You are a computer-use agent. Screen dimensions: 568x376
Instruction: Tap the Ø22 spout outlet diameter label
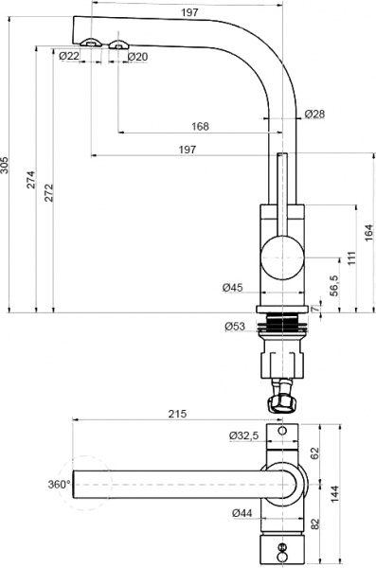68,57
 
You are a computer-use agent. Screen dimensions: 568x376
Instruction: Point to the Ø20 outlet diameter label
137,57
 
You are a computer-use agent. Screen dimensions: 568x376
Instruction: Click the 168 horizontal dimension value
200,126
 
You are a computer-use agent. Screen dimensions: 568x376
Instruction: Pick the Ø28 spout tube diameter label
315,114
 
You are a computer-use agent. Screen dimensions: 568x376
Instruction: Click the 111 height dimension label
351,259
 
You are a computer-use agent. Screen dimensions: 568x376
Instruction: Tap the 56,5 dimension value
332,285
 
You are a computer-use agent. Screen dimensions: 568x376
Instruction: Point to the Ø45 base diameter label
234,287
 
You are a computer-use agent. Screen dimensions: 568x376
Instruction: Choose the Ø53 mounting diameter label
235,327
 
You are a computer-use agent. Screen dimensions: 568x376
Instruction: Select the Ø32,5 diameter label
244,435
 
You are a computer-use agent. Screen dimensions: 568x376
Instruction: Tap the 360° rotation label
59,484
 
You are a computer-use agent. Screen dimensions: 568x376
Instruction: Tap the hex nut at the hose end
282,403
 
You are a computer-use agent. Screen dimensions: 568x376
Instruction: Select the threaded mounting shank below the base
282,328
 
